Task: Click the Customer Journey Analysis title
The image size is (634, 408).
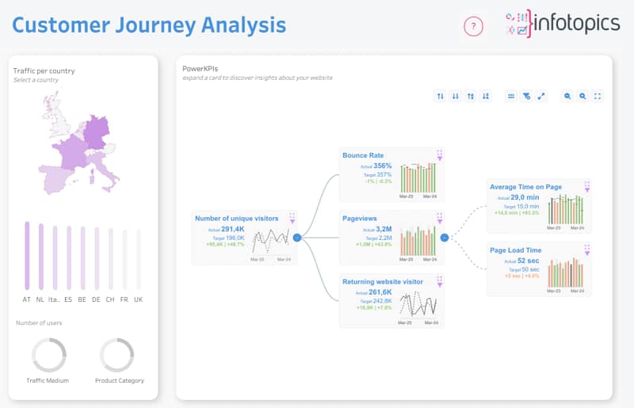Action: (x=149, y=25)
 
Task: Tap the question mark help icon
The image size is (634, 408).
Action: (x=473, y=27)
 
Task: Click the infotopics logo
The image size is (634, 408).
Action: (x=562, y=24)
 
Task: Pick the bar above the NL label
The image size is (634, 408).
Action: (x=40, y=256)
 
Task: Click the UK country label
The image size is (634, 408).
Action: (x=139, y=299)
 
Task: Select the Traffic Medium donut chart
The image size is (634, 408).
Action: (x=48, y=355)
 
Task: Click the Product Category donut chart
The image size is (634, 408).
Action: (x=116, y=355)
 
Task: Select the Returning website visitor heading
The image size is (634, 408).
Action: (x=383, y=281)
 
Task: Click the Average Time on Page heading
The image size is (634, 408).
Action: (x=525, y=187)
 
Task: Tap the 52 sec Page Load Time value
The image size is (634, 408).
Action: (x=528, y=261)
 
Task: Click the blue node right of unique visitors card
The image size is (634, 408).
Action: (x=296, y=237)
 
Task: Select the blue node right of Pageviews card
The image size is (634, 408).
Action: (x=444, y=237)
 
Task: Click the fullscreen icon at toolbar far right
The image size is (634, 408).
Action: (x=598, y=96)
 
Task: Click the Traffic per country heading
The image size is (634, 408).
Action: (x=44, y=71)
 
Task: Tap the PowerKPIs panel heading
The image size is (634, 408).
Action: (x=200, y=69)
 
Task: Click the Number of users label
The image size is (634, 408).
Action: (x=39, y=322)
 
